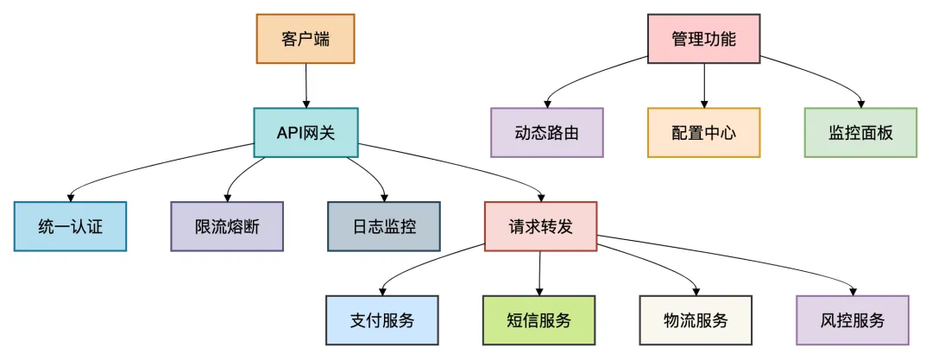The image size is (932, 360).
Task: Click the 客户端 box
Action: pos(305,39)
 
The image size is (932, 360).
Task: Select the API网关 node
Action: pos(305,132)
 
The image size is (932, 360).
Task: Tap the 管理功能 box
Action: pos(704,39)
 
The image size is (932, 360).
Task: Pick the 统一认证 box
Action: pos(70,226)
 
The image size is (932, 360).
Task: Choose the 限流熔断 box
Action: pos(227,226)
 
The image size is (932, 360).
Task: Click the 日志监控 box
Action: pos(384,226)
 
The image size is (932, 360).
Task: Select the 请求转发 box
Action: pos(540,226)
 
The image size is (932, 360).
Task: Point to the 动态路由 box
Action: pos(547,132)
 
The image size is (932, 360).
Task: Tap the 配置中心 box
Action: pos(704,132)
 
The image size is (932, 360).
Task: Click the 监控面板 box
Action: pos(860,132)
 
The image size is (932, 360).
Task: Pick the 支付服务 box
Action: pos(382,320)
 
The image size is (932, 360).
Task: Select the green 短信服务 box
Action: pos(539,320)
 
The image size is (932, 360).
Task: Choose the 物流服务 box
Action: pos(696,320)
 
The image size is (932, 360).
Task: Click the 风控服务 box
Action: pos(853,320)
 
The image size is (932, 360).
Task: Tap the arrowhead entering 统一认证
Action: pos(70,198)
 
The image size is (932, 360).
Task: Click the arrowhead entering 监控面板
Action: pos(860,104)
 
